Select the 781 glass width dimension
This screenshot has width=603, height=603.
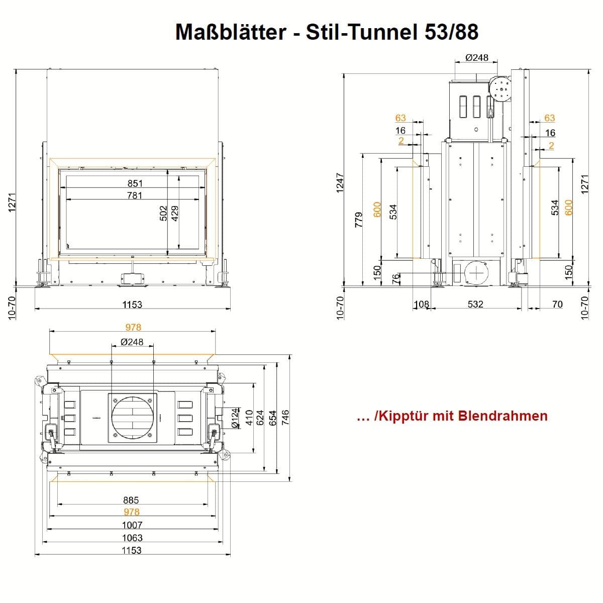135,195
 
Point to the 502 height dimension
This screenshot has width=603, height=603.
163,213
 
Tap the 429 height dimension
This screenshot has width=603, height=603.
175,213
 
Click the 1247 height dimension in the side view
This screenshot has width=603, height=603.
340,183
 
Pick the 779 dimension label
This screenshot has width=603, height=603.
359,220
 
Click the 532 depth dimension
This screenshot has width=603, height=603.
475,304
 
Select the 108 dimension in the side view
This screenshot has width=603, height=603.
422,304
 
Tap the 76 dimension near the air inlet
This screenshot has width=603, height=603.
396,278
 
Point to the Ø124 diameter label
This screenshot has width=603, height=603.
235,418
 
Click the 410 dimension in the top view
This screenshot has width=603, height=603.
249,418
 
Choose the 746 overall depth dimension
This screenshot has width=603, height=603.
285,418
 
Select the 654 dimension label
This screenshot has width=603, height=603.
273,418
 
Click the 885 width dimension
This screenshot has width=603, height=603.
131,500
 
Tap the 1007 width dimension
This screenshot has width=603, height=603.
132,525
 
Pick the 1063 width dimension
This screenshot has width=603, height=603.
132,538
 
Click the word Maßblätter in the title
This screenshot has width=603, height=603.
231,32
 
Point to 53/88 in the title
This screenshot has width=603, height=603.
452,32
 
